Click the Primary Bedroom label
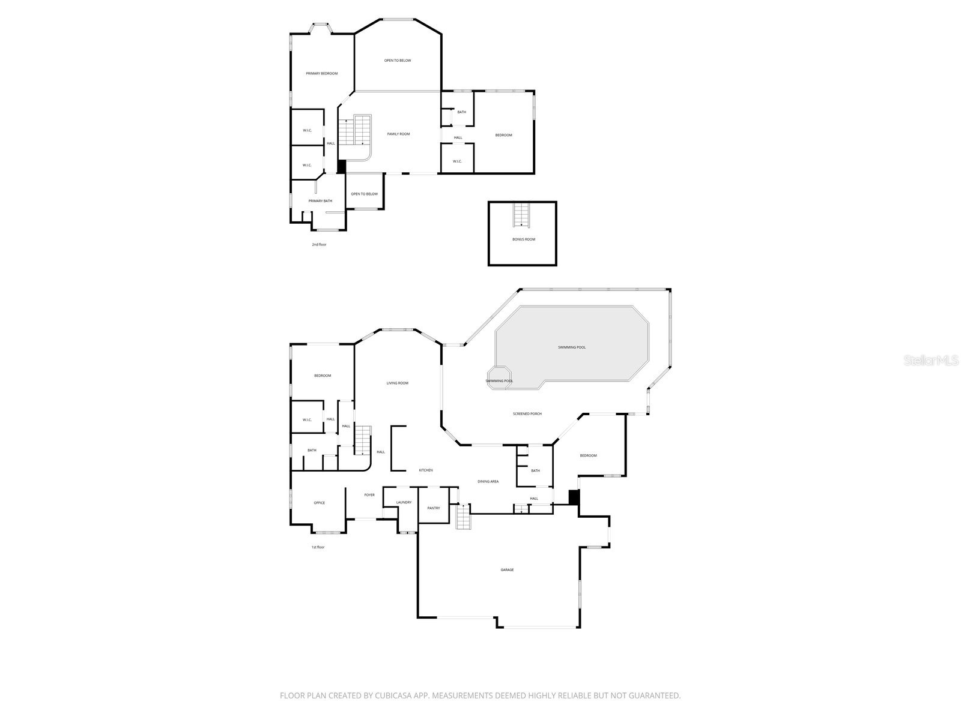(321, 74)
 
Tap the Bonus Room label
(524, 239)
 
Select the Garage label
(507, 570)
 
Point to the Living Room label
(397, 383)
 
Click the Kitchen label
(426, 470)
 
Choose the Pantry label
(434, 508)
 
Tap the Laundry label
(404, 502)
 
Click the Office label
(319, 503)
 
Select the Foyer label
(369, 495)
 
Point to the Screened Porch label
(527, 414)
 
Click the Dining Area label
(488, 482)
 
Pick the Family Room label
(398, 134)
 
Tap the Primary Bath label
(320, 201)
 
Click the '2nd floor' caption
(319, 245)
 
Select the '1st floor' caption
(318, 547)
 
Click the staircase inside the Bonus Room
(522, 215)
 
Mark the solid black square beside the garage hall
(574, 497)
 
